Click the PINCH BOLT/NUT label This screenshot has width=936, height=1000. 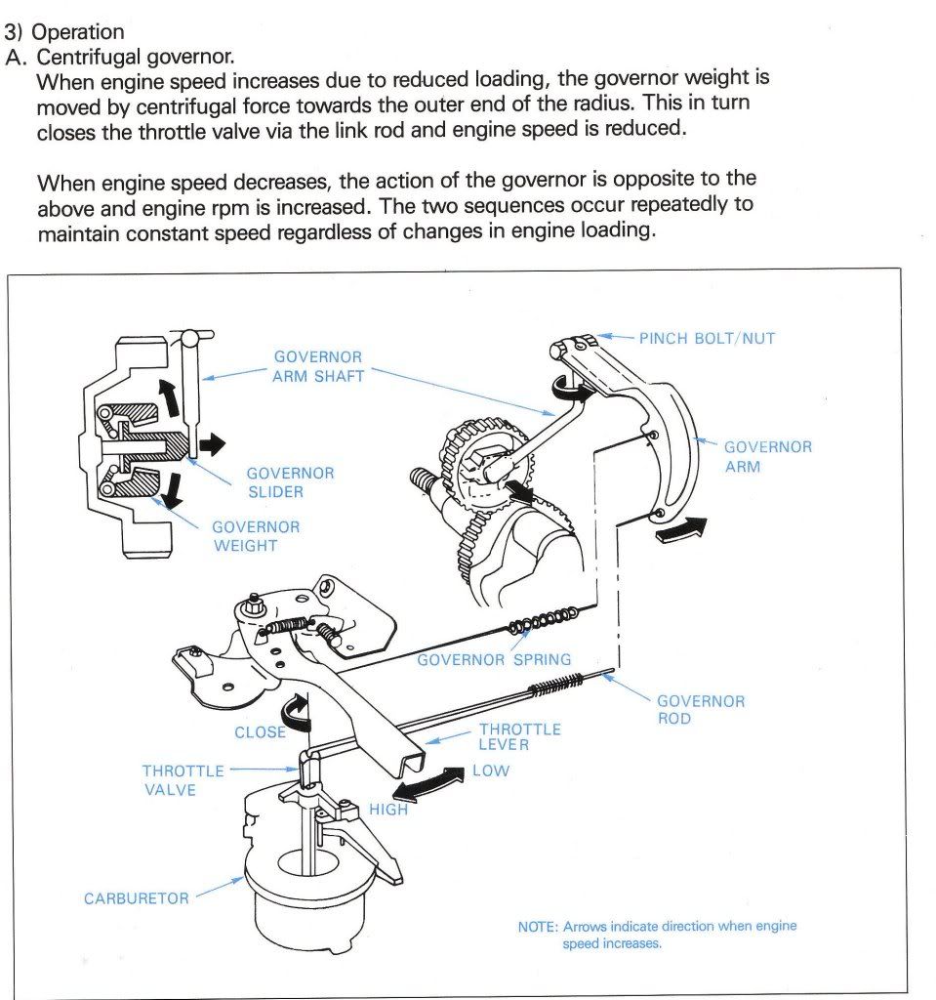coord(707,338)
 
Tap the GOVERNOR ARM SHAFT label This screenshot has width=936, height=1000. coord(317,366)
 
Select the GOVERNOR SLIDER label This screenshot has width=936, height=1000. coord(290,482)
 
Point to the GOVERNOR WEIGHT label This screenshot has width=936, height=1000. coord(256,536)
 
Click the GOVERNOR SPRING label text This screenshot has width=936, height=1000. coord(494,660)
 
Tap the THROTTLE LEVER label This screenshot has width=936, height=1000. coord(519,737)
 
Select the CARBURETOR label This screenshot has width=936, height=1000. coord(136,898)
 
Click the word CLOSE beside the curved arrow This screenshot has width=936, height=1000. coord(259,732)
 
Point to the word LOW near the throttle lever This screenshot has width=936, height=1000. coord(491,771)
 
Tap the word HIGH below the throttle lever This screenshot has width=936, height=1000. coord(387,810)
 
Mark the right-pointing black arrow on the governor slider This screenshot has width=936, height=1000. coord(210,445)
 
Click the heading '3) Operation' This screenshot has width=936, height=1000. coord(64,32)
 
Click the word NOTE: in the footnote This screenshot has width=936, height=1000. coord(538,926)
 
